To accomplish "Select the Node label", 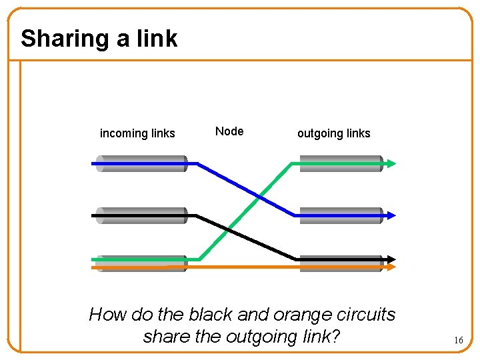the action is [229, 131].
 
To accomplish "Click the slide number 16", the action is [458, 340].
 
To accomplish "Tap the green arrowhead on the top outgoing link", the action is [391, 163].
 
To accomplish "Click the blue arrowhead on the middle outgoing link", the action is [391, 215].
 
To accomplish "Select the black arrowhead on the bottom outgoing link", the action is [391, 259].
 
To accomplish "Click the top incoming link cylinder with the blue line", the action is [141, 163].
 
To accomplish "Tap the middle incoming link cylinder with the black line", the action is [141, 215].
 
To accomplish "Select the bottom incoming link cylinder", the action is [141, 263].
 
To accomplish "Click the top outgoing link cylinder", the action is [341, 163].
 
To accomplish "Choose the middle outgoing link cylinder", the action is [341, 215].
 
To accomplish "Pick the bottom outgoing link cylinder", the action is [341, 263].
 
